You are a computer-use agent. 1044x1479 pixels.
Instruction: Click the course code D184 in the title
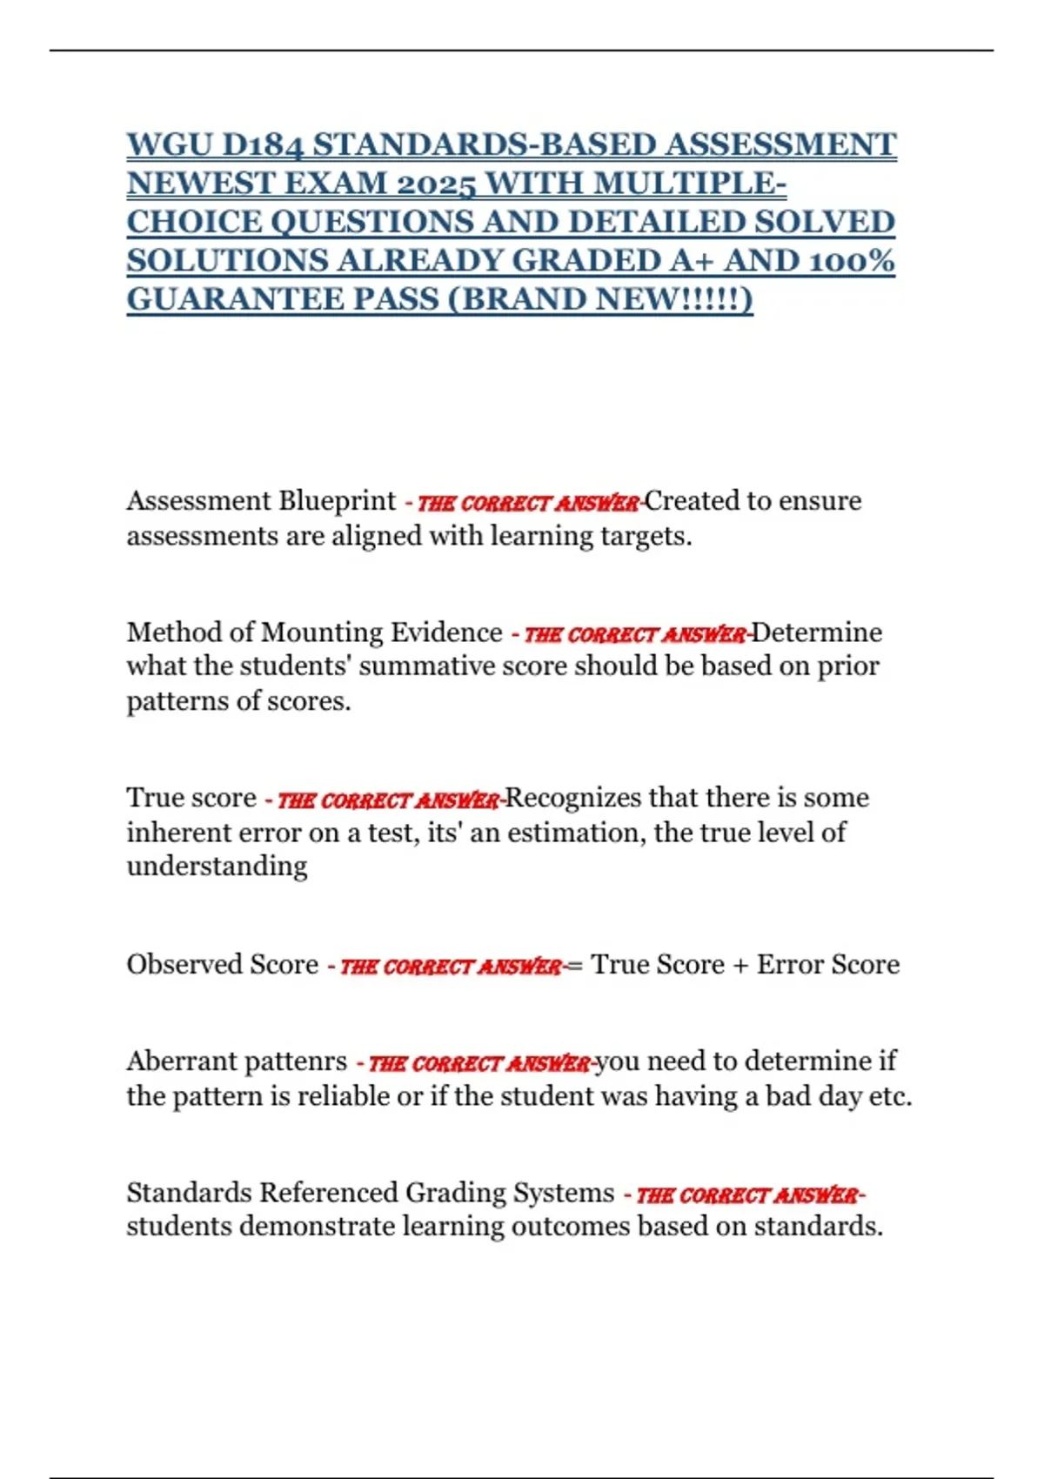(x=260, y=144)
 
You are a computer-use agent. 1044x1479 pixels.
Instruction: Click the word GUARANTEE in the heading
(x=235, y=298)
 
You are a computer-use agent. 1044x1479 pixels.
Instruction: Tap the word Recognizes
(x=573, y=798)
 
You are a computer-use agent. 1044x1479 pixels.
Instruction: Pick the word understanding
(x=217, y=867)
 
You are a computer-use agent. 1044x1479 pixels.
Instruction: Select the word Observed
(x=184, y=965)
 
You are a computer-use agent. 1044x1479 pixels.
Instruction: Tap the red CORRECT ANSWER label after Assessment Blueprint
(x=528, y=503)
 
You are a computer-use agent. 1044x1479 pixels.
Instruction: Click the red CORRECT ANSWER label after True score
(x=388, y=800)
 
